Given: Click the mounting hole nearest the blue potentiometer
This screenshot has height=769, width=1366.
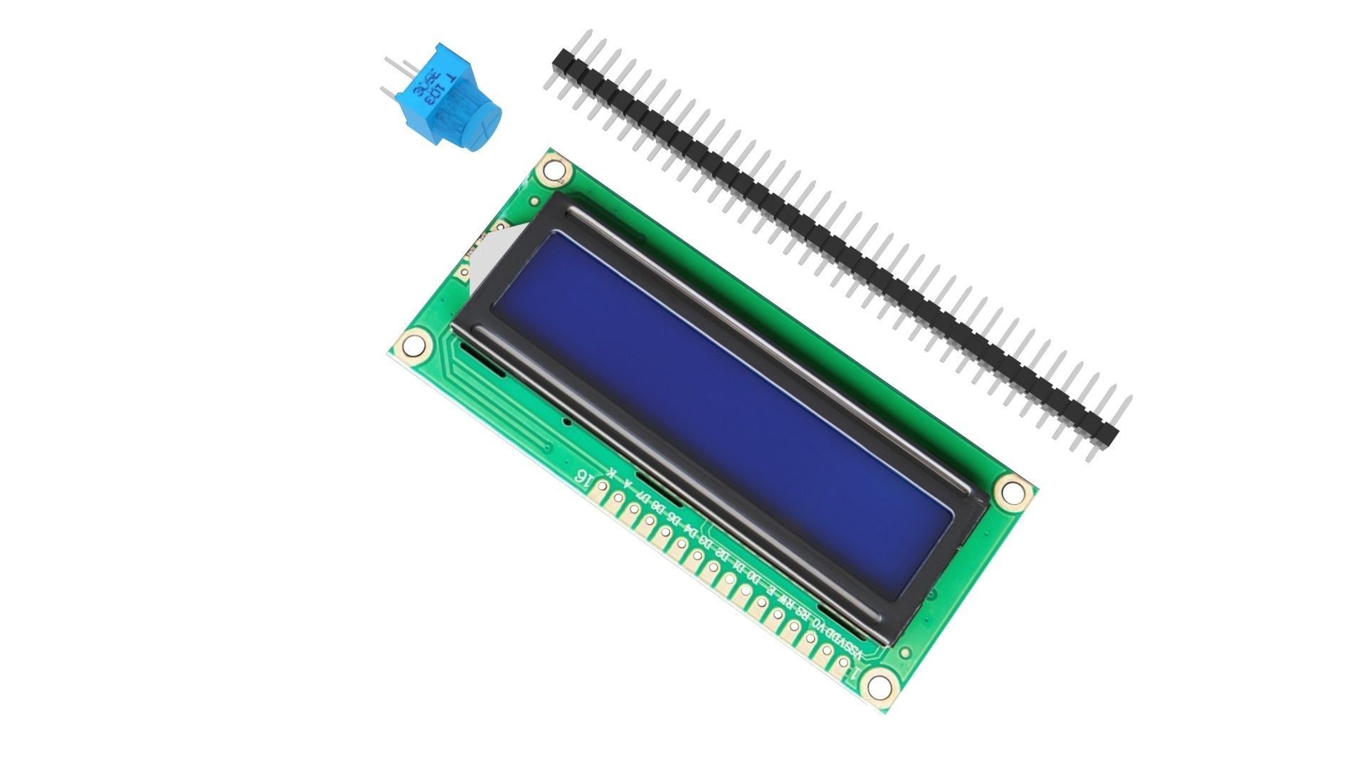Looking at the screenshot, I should (x=553, y=170).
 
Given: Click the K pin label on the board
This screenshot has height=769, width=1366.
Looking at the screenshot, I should (x=610, y=473).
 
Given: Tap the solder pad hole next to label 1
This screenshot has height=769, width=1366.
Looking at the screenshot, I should (x=843, y=663).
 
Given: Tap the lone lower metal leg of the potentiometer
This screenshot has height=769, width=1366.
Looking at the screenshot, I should (x=389, y=92).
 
